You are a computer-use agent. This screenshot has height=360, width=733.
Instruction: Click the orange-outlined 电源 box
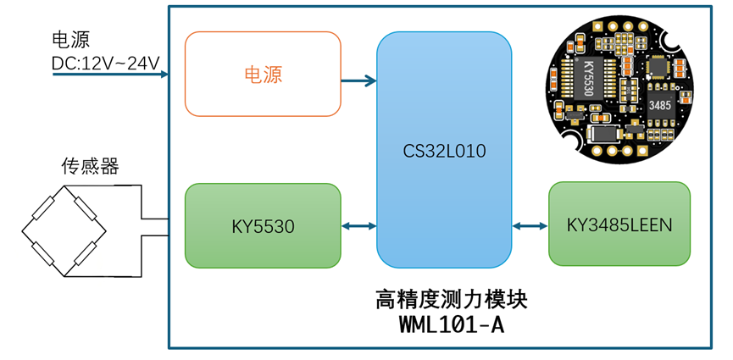point(263,74)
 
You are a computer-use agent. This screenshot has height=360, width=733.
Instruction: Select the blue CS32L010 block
point(444,150)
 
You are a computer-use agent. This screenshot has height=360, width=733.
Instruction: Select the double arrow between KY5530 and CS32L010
point(358,226)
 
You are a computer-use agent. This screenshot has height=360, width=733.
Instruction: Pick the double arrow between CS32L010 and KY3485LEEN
point(530,225)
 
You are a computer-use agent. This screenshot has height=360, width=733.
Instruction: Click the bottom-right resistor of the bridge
point(86,251)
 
